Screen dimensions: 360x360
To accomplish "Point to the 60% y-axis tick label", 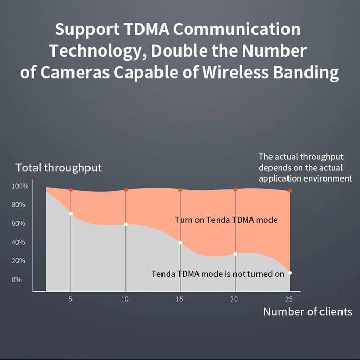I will pos(18,223).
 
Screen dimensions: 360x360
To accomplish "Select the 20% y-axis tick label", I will pos(18,261).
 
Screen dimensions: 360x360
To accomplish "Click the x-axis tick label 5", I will pos(70,299).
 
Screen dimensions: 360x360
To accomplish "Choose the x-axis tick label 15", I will pos(180,299).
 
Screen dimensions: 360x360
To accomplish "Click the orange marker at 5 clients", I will pos(71,190).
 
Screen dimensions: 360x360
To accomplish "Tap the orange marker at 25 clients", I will pos(290,191).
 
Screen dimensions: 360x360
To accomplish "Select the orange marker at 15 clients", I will pos(180,190).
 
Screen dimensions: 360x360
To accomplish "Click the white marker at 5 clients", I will pos(71,213).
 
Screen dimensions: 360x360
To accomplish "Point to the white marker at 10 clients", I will pos(125,224).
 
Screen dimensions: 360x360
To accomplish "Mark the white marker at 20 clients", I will pos(235,254).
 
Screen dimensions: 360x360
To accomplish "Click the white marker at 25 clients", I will pos(290,273).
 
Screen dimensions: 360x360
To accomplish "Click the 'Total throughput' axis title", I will pos(59,168).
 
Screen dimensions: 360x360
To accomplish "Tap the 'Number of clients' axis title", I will pos(308,311).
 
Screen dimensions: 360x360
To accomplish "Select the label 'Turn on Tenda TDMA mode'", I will pos(226,220).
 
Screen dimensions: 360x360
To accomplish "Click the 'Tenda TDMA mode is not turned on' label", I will pos(218,274).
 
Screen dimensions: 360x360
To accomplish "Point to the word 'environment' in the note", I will pos(328,178).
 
